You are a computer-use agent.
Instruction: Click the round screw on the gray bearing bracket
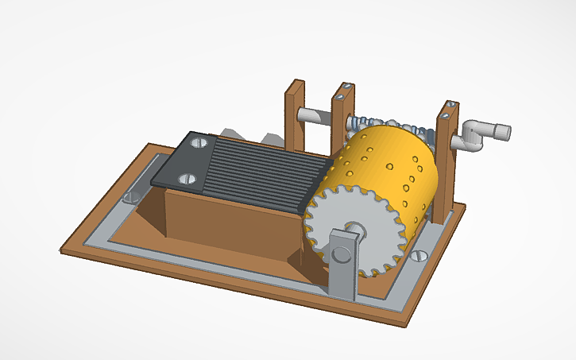pos(342,254)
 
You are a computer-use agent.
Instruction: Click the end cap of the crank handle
pos(502,130)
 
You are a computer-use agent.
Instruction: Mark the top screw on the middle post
pos(340,95)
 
